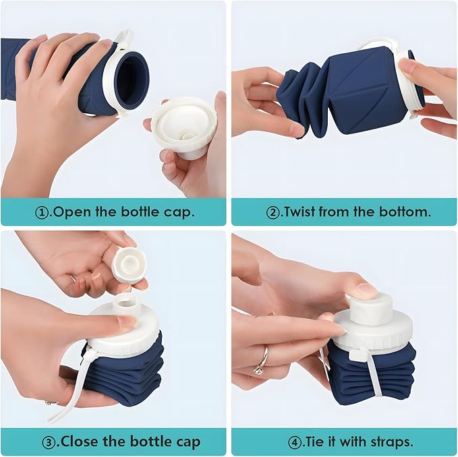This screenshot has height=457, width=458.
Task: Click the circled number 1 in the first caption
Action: [x=42, y=212]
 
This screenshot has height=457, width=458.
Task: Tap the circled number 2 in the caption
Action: [x=274, y=212]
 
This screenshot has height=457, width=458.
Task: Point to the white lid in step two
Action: [x=409, y=84]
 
